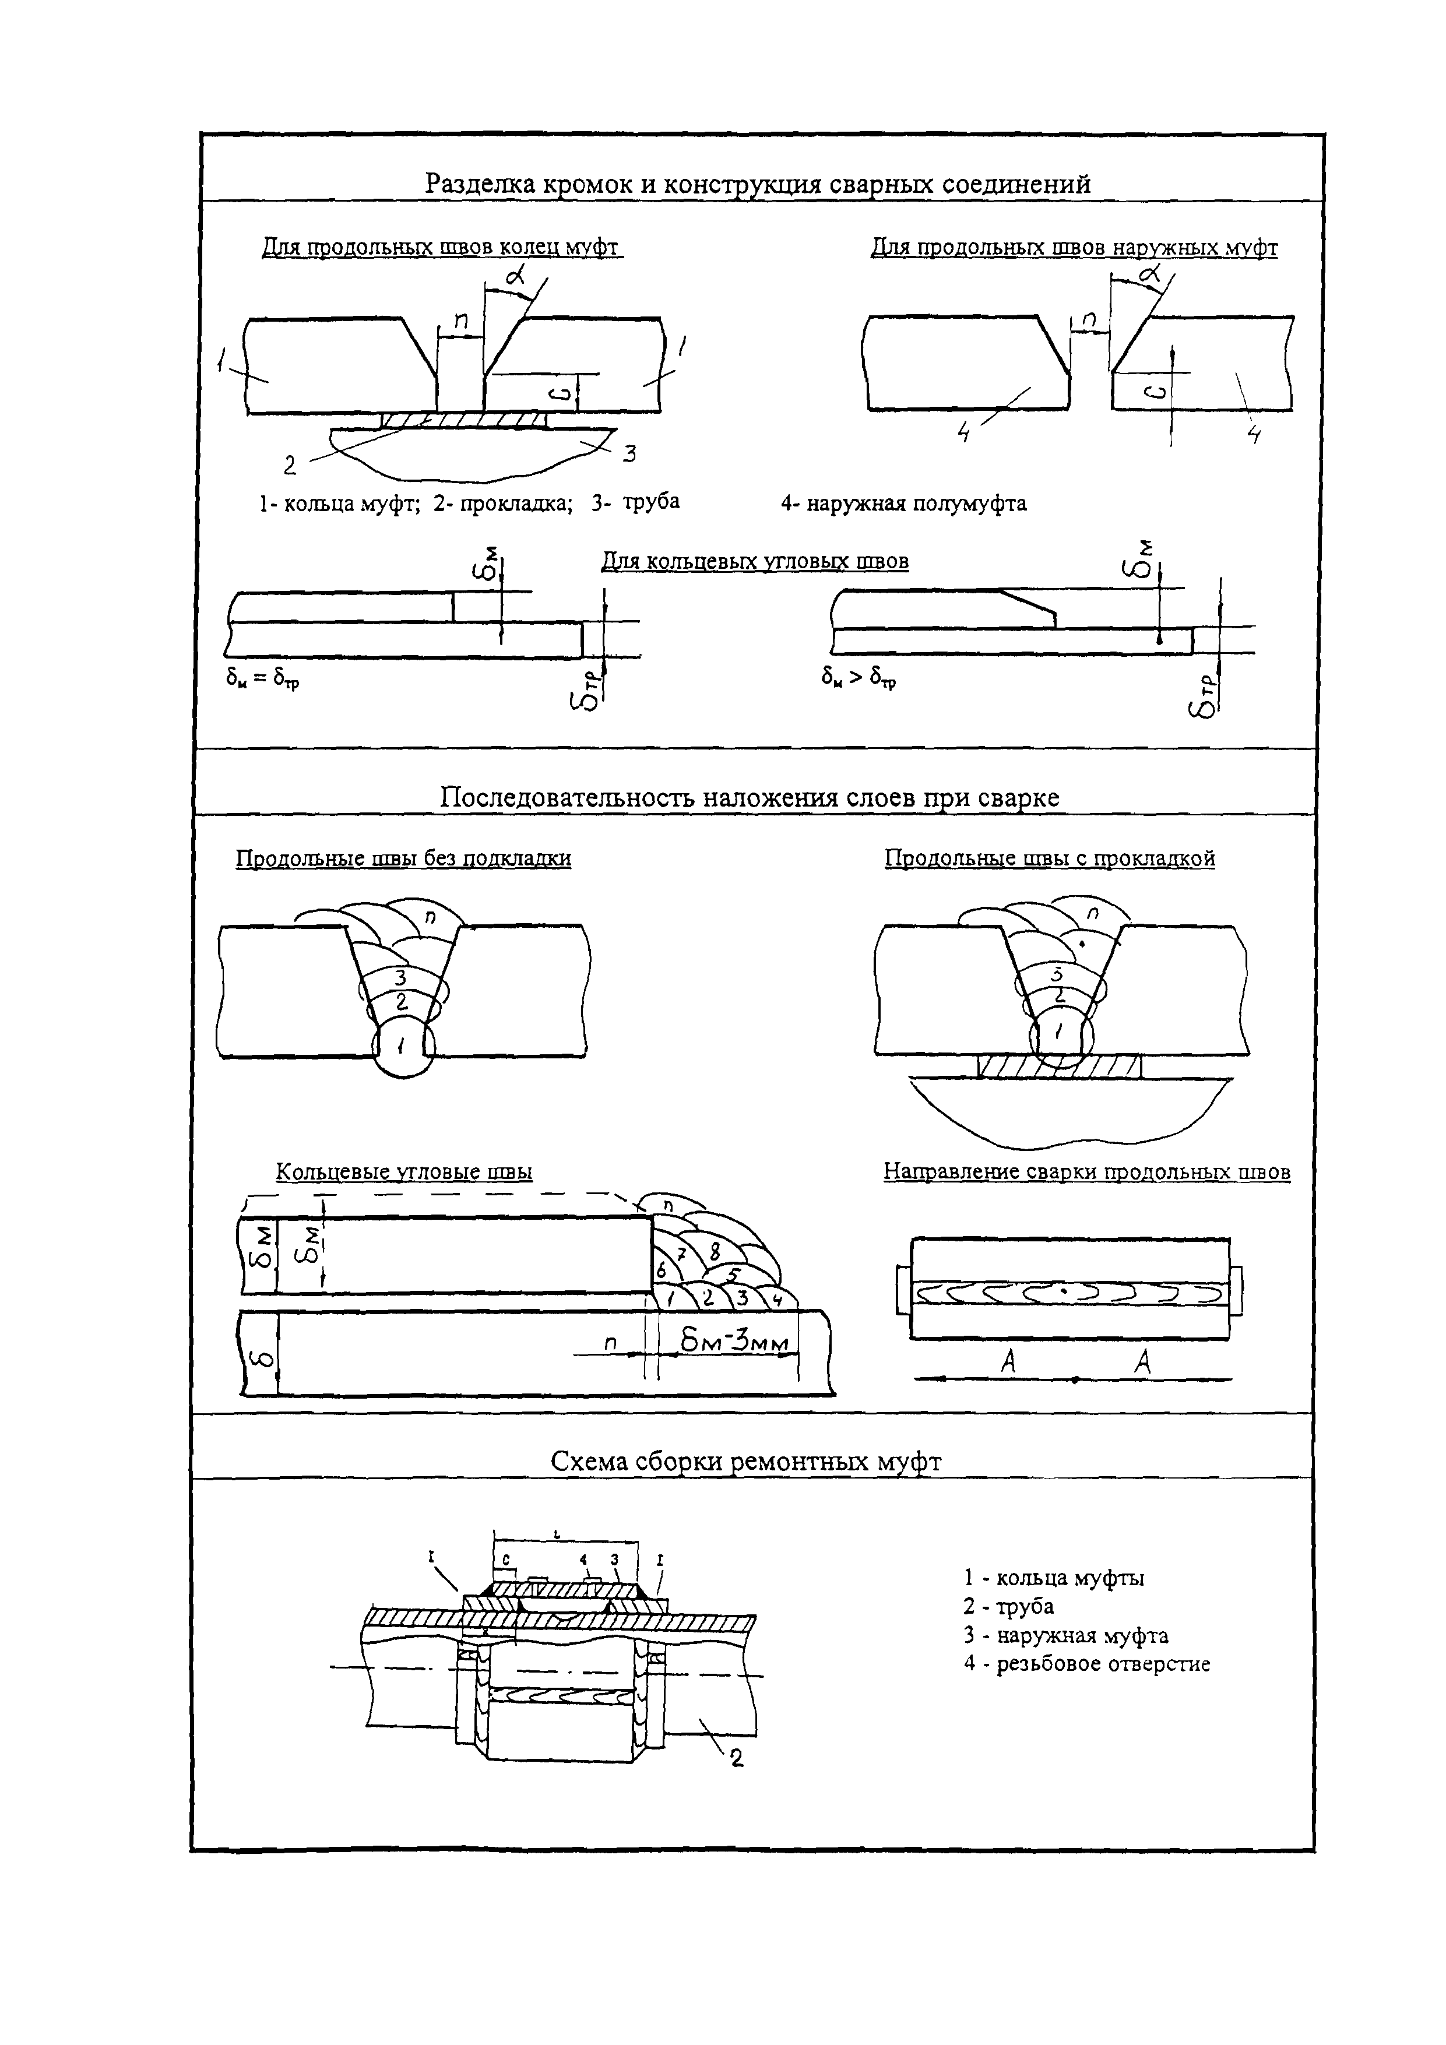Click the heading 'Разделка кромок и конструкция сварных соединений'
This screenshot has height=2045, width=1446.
757,184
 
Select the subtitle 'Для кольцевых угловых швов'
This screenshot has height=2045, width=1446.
755,562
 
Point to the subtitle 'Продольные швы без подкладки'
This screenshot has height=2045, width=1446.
403,858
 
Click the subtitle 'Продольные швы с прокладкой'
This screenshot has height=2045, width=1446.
1050,858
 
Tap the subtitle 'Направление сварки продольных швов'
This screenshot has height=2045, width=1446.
1087,1172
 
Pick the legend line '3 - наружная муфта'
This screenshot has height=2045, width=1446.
1065,1635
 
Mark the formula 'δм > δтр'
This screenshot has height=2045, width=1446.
859,680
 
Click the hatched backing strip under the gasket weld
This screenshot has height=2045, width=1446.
1058,1066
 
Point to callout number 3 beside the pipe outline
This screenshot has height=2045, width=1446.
629,454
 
